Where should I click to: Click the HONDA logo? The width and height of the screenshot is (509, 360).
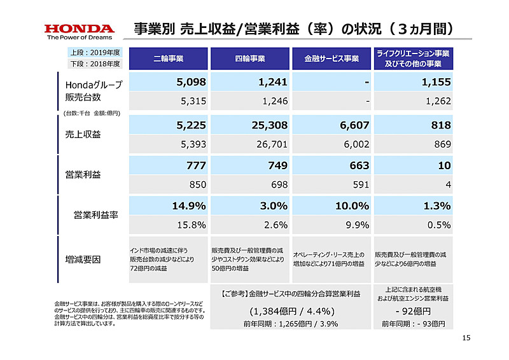pyautogui.click(x=79, y=29)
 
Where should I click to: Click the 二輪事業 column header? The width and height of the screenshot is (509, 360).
pyautogui.click(x=169, y=59)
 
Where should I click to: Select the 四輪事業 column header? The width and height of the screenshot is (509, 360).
pyautogui.click(x=250, y=59)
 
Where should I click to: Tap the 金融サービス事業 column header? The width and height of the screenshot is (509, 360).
pyautogui.click(x=331, y=59)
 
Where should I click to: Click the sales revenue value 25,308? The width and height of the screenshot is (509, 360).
pyautogui.click(x=270, y=126)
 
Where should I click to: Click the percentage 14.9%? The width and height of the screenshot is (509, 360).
pyautogui.click(x=188, y=205)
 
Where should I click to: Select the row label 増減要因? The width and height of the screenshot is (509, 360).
pyautogui.click(x=83, y=260)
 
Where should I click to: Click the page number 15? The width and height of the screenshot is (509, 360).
pyautogui.click(x=465, y=337)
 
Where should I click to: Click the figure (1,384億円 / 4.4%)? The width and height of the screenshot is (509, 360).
pyautogui.click(x=290, y=312)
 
